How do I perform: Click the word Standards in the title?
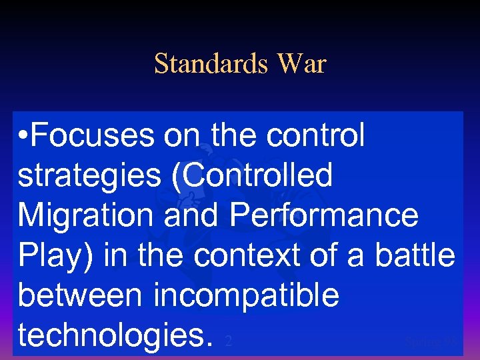pos(210,64)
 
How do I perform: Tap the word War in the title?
pos(301,64)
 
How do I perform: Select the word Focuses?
pos(94,136)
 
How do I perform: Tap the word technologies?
pos(113,336)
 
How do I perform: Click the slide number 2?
pos(228,341)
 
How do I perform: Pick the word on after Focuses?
pos(184,136)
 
